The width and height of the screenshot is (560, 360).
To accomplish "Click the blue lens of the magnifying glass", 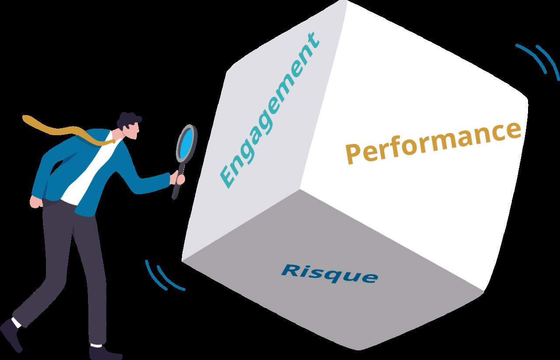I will click(x=186, y=144).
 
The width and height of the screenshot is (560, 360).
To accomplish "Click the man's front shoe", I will click(x=105, y=353).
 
